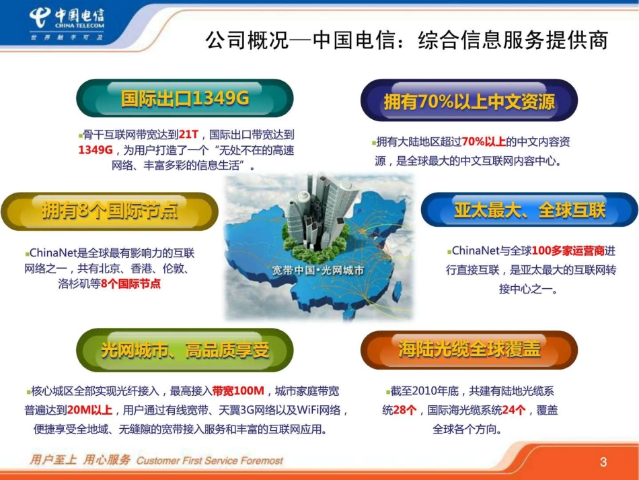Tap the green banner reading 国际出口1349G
pos(185,99)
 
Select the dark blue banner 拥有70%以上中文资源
pos(469,101)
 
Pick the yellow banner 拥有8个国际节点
pos(110,211)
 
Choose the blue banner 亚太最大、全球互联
pos(529,210)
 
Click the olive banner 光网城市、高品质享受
pos(185,350)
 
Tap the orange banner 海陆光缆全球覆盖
pos(469,350)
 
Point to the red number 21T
pos(189,134)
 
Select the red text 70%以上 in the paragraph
pos(484,142)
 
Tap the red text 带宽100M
pos(239,391)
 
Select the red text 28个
pos(405,410)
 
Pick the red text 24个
pos(514,410)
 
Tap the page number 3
pos(603,462)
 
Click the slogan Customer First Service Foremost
pos(209,461)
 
